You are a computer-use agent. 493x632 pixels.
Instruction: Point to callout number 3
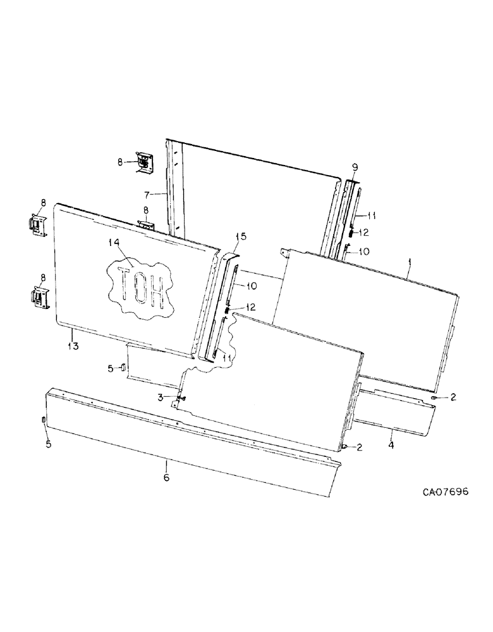161,397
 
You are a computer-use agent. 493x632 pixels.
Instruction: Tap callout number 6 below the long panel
166,478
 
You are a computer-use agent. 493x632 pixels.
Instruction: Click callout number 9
355,167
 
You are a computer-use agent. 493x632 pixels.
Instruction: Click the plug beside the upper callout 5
124,368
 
